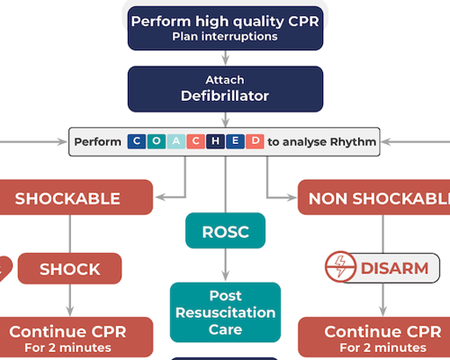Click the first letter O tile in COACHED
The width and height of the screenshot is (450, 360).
157,141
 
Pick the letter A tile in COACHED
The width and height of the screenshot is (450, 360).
176,141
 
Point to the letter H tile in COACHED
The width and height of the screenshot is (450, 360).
216,141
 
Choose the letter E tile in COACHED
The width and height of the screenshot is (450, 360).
236,141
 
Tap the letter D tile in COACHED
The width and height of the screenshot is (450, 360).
256,141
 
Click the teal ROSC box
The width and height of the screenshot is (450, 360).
225,231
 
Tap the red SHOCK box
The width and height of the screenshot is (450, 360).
70,268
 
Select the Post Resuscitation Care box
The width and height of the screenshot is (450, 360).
225,312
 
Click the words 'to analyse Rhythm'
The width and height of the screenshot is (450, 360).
322,141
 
